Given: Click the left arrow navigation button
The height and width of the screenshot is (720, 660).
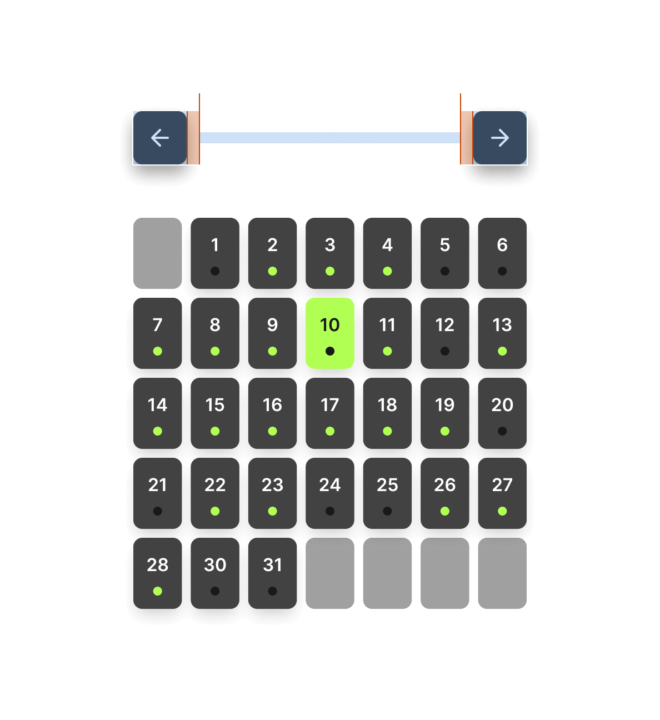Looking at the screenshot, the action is tap(160, 138).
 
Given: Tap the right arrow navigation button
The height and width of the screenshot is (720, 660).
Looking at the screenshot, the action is tap(500, 138).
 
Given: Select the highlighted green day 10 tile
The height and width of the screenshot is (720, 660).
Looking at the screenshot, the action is tap(329, 333).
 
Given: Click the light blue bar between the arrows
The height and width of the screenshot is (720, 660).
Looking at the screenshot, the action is tap(330, 138).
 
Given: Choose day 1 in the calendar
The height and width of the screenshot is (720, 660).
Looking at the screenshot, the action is tap(215, 253).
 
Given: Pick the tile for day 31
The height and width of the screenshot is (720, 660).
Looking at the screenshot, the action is tap(272, 573).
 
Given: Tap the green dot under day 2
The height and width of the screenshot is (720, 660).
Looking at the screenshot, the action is tap(273, 271).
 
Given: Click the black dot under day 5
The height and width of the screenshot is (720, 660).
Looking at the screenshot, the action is tap(445, 271).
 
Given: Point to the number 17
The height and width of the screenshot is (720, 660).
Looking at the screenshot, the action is tap(329, 405).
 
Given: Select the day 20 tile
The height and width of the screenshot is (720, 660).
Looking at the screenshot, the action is tap(502, 413).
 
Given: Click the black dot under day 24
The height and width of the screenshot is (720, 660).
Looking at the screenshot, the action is tap(330, 511).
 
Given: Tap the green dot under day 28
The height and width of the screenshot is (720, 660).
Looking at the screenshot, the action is tap(158, 591).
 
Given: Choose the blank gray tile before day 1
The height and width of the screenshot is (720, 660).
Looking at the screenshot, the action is tap(157, 253).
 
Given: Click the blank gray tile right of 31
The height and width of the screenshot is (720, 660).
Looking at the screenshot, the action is tap(329, 573).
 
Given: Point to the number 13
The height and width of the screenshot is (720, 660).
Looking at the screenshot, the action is tap(502, 325).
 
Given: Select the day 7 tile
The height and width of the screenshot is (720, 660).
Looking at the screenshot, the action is tap(157, 333).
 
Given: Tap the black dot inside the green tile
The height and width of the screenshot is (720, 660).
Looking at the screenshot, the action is tap(330, 351).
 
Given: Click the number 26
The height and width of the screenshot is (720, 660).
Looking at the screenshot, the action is tap(444, 485).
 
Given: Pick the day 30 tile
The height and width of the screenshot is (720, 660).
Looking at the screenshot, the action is tap(215, 573).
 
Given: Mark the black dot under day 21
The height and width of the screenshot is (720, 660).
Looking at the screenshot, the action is tap(158, 511).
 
